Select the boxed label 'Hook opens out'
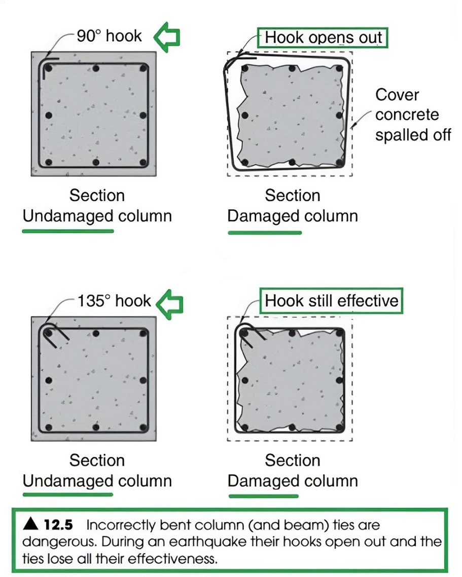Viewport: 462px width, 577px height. click(x=324, y=37)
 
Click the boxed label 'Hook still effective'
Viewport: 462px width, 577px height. click(x=332, y=301)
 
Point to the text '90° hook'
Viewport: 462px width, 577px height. click(x=109, y=35)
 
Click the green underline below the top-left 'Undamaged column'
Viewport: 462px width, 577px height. click(x=68, y=231)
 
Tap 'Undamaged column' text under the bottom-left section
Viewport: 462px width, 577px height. click(x=97, y=481)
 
